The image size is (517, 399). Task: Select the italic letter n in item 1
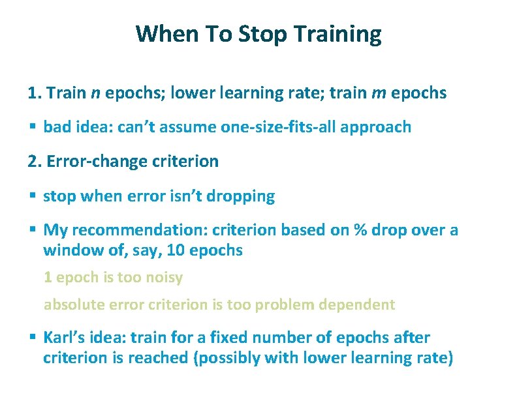[95, 93]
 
